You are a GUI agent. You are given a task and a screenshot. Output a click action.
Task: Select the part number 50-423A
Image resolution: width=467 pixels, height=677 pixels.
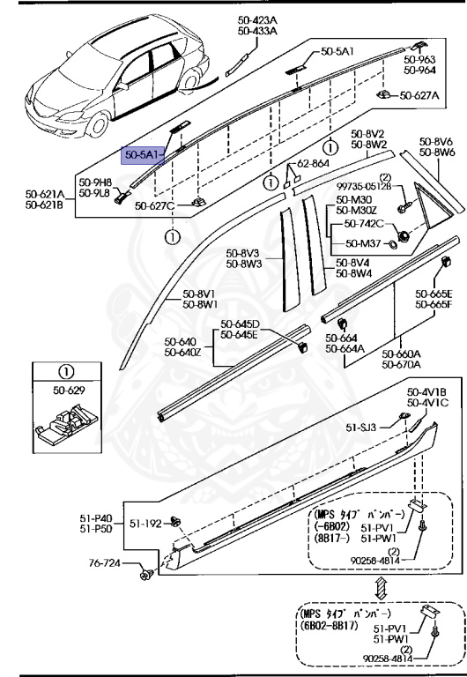[256, 20]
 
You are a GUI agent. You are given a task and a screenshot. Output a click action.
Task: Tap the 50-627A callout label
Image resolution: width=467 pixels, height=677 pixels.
[419, 94]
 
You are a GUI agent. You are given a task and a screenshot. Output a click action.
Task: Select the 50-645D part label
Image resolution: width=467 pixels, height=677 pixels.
[240, 324]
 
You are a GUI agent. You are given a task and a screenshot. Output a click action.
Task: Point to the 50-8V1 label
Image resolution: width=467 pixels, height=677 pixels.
[200, 294]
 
